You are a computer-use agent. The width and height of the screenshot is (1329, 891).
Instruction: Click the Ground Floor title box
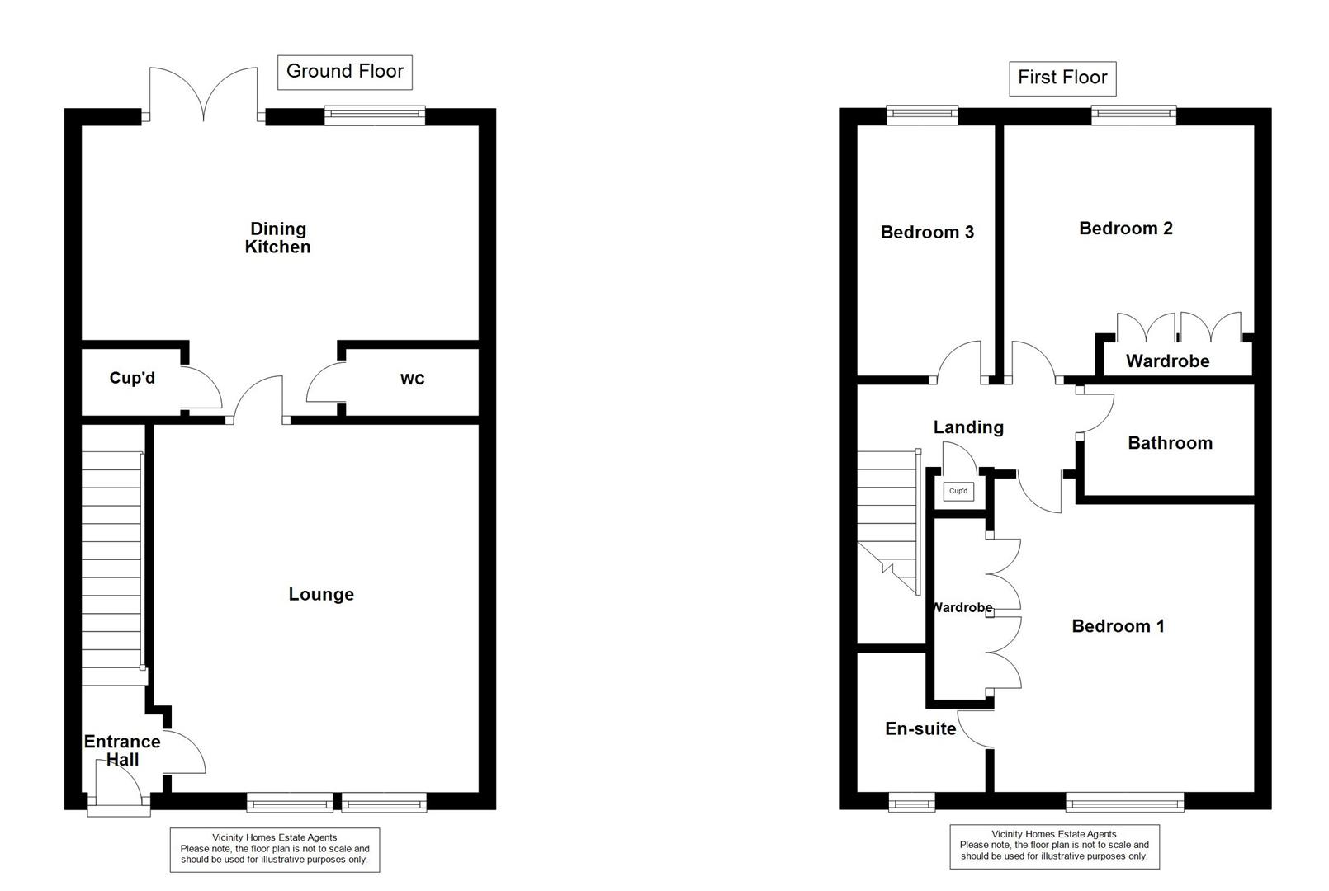tap(344, 72)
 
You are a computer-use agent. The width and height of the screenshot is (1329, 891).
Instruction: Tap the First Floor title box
tap(1062, 78)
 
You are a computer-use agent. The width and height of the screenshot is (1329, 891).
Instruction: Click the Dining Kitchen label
tap(278, 238)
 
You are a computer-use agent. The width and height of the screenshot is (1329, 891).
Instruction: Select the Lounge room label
tap(321, 594)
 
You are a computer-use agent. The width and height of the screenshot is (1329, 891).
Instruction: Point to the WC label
tap(412, 379)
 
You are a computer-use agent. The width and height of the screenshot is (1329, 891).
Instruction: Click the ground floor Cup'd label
tap(132, 379)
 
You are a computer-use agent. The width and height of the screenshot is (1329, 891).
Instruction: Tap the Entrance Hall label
tap(122, 750)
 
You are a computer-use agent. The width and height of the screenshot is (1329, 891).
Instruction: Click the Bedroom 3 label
tap(927, 232)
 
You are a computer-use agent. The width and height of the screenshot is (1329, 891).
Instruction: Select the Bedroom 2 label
tap(1125, 229)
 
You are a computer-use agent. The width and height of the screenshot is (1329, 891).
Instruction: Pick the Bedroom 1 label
tap(1118, 626)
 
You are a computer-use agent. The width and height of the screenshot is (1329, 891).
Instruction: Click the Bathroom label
tap(1170, 443)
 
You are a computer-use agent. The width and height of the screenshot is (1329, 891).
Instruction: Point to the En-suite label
tap(920, 728)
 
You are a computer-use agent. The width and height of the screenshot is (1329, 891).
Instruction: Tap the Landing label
tap(968, 427)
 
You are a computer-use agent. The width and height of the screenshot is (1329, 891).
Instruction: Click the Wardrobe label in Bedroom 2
tap(1167, 361)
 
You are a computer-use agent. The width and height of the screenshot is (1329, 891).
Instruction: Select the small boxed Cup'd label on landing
tap(958, 492)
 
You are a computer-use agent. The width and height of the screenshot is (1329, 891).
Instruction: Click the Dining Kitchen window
tap(375, 115)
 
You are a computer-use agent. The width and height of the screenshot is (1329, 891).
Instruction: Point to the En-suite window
tap(912, 801)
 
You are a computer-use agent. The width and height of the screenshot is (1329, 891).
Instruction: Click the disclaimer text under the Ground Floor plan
tap(275, 849)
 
